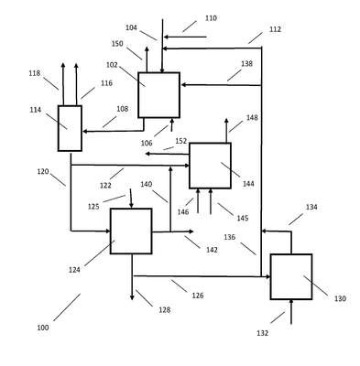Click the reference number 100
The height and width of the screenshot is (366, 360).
tap(43, 328)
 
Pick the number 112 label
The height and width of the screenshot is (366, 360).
tap(275, 29)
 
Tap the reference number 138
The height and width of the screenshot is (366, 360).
tap(246, 64)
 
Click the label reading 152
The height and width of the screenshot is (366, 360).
tap(181, 141)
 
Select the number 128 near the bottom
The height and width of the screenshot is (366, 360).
tap(165, 310)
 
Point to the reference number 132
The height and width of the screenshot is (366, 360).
tap(263, 333)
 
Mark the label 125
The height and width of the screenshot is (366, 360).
tap(93, 207)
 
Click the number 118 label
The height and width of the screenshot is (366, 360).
tap(35, 73)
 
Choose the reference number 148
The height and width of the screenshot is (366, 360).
tap(252, 118)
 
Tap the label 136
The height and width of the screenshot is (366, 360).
tap(230, 237)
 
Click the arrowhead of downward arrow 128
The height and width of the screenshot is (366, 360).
tap(132, 297)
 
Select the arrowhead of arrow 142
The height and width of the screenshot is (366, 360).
tap(191, 231)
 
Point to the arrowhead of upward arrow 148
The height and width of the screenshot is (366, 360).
tap(226, 121)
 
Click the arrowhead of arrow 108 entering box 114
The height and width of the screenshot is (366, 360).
tap(85, 132)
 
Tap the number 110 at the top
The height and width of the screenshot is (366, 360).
tap(211, 18)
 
